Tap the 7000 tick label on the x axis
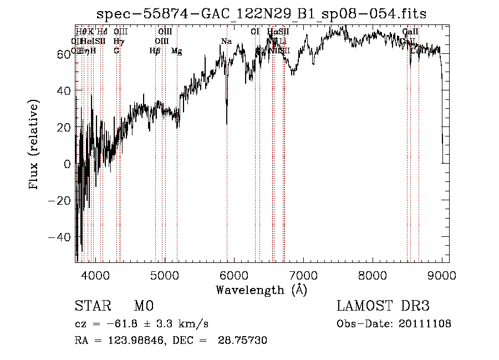[303, 274]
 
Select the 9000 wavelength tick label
[442, 274]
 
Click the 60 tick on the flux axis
[63, 54]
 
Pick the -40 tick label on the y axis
[59, 237]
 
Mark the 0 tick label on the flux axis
[68, 164]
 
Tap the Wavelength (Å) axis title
[261, 290]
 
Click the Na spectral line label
[226, 42]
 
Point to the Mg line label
[176, 51]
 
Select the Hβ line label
[155, 51]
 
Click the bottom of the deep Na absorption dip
[227, 123]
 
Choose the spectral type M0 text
[143, 306]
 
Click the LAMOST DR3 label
[383, 306]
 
